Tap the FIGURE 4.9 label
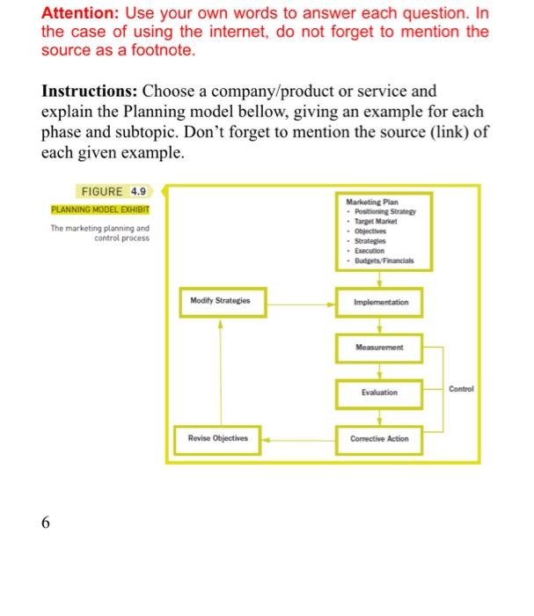click(x=113, y=191)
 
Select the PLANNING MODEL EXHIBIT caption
click(x=100, y=209)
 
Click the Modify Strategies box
click(x=220, y=301)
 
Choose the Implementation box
click(x=379, y=302)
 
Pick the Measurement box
click(x=379, y=347)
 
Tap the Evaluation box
click(x=379, y=392)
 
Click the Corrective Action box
click(x=379, y=438)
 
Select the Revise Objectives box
click(x=218, y=438)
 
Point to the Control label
click(x=460, y=388)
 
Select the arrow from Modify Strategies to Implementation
click(x=299, y=302)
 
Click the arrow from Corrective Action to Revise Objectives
click(x=299, y=438)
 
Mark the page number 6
click(x=46, y=523)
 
